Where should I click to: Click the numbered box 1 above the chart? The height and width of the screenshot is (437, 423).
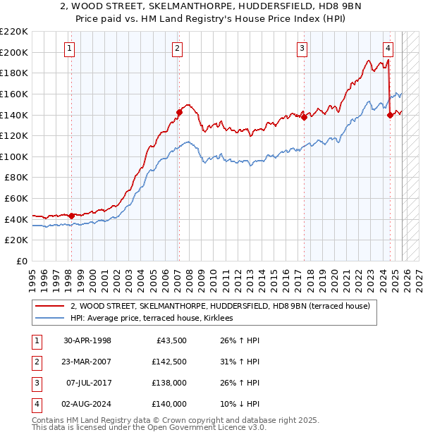point(70,48)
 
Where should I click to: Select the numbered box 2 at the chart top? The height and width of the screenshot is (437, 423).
point(176,48)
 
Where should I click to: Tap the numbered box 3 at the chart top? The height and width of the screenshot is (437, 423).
point(302,48)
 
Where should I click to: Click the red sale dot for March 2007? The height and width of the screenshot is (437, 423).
point(179,111)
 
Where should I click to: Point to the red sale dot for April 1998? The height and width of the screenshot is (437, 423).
point(71,215)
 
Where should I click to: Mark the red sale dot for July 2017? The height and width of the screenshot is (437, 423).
point(304,117)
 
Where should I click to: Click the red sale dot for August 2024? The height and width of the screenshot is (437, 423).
point(390,115)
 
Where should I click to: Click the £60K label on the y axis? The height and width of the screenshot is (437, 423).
point(16,199)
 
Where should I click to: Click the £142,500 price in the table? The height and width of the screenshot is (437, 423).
point(169,362)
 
